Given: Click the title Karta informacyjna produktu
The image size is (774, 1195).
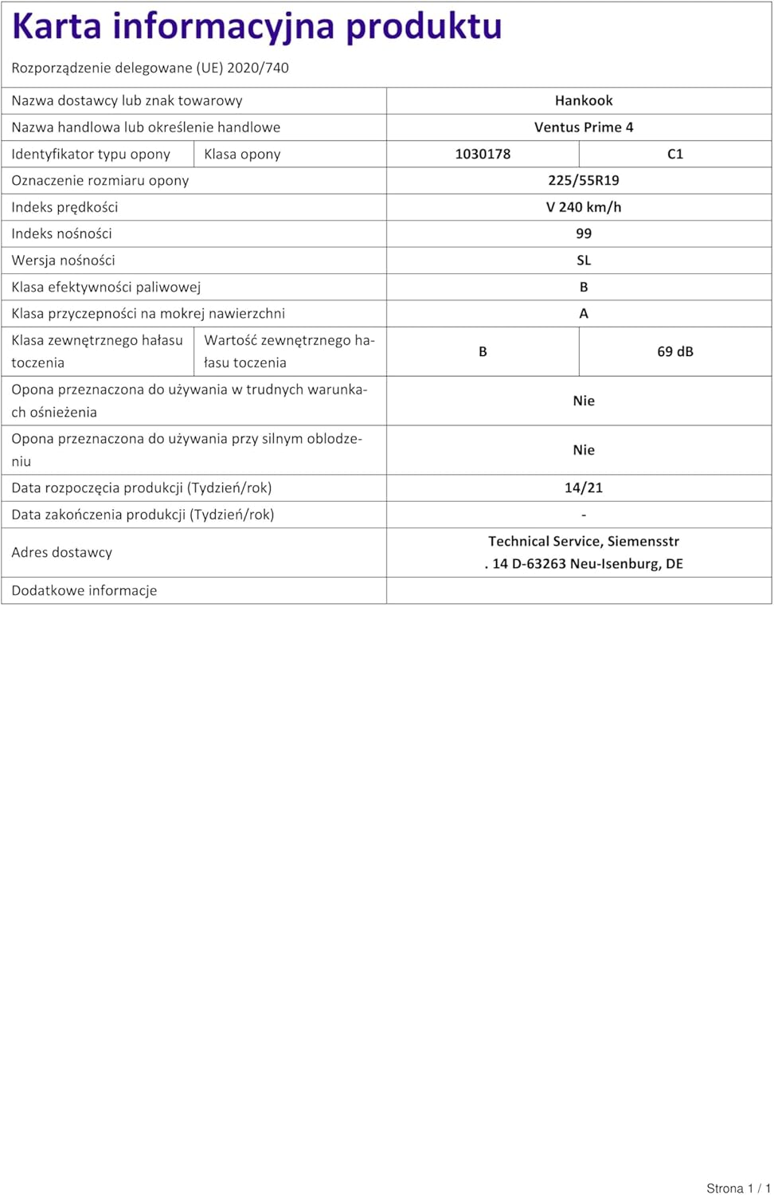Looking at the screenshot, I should coord(256,26).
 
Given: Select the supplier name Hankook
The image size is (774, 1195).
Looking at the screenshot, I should coord(584,100).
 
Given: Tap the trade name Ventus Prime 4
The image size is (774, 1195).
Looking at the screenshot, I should coord(584,127).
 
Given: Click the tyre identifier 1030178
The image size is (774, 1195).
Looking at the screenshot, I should coord(483,154).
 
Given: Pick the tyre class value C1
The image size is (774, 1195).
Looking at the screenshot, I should coord(675,154).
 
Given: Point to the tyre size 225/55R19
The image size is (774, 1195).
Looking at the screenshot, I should coord(584,180).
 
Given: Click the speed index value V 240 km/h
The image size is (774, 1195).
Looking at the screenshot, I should coord(584,207).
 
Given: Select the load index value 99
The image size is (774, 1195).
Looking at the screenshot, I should coord(584,233).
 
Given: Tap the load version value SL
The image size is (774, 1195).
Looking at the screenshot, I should coord(584,261).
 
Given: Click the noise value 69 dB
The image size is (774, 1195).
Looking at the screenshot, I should coord(675,351).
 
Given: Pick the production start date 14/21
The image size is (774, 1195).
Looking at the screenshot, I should coord(584,488).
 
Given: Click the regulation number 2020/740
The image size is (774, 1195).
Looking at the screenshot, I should coord(258,68).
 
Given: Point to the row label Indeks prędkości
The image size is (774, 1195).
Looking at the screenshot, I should coord(64,207).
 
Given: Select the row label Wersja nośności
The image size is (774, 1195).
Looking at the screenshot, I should coord(63,261).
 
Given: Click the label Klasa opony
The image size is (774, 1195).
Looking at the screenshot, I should coord(242,154).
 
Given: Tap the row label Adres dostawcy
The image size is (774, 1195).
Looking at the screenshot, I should coord(61,552).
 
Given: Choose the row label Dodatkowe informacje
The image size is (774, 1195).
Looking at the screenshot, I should coord(84,590).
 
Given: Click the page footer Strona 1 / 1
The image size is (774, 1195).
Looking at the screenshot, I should coord(738,1188).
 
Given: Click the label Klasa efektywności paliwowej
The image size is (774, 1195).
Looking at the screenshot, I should coord(106,287).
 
